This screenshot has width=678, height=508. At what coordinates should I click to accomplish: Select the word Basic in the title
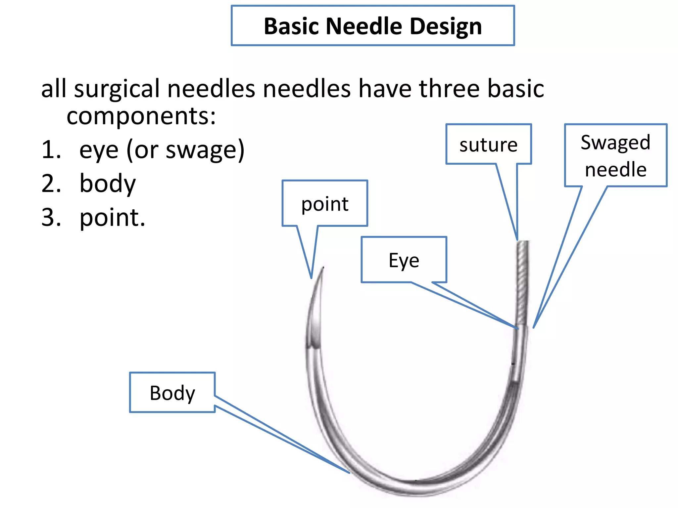(x=291, y=26)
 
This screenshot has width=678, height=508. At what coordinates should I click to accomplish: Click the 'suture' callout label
(x=488, y=145)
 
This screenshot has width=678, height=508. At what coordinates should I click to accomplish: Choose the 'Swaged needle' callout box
(x=615, y=155)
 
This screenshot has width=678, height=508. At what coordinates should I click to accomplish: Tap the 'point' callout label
(x=324, y=204)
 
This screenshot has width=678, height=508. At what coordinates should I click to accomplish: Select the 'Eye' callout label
(x=404, y=260)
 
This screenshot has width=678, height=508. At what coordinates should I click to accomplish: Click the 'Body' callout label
(x=172, y=393)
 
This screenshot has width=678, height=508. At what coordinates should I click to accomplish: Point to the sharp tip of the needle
(x=323, y=268)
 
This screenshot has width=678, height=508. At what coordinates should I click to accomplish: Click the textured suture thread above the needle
(x=522, y=281)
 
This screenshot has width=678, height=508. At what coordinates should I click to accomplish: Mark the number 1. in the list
(x=51, y=150)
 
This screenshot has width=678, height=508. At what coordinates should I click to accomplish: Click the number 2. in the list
(x=51, y=184)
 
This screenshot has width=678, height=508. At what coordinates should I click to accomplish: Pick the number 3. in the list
(x=51, y=218)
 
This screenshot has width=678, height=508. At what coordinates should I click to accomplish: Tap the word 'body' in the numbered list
(x=108, y=184)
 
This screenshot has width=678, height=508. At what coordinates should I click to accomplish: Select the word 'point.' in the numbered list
(x=113, y=218)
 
